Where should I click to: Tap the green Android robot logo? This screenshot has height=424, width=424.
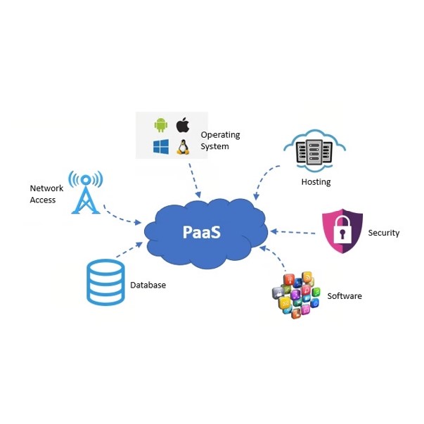(161, 125)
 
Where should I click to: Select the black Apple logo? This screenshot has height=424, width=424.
(183, 124)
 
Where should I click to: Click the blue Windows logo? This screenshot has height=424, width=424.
(161, 147)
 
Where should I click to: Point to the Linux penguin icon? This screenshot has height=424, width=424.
(183, 147)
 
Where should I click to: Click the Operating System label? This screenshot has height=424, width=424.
(220, 140)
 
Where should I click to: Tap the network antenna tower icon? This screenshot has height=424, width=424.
(86, 189)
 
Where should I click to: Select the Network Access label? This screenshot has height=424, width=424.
(46, 193)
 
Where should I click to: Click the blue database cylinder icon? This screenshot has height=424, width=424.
(105, 283)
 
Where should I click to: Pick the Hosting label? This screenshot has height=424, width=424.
(316, 182)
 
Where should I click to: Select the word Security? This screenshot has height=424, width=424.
(384, 233)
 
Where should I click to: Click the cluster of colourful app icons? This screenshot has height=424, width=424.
(296, 294)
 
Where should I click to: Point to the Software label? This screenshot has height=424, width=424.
(345, 296)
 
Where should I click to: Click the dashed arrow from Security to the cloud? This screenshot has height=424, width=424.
(294, 230)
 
